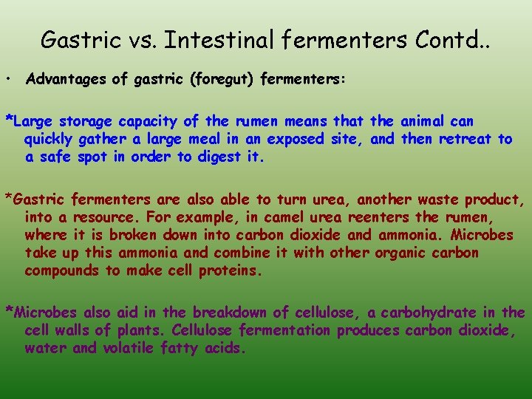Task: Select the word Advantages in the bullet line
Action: click(66, 80)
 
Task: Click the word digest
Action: click(217, 157)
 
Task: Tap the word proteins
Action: click(231, 270)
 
